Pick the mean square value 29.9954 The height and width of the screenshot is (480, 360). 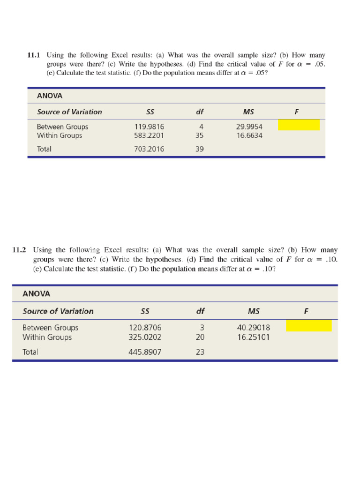(249, 127)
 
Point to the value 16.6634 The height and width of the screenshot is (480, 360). (249, 135)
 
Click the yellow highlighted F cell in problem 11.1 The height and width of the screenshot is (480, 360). (299, 125)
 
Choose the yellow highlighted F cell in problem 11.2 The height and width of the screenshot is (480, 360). (308, 325)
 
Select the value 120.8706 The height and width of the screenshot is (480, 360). (145, 328)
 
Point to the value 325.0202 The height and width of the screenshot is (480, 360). (145, 337)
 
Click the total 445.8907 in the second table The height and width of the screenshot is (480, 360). (145, 352)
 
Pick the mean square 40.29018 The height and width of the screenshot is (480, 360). (254, 328)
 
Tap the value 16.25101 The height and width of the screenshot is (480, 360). (254, 337)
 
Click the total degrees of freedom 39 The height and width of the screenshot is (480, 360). (200, 149)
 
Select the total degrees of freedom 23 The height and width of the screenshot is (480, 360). (200, 352)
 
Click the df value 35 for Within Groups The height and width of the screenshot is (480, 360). (200, 135)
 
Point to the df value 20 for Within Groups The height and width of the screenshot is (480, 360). (200, 337)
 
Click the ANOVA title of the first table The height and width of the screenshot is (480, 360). (49, 96)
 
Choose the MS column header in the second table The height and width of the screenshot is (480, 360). (254, 311)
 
